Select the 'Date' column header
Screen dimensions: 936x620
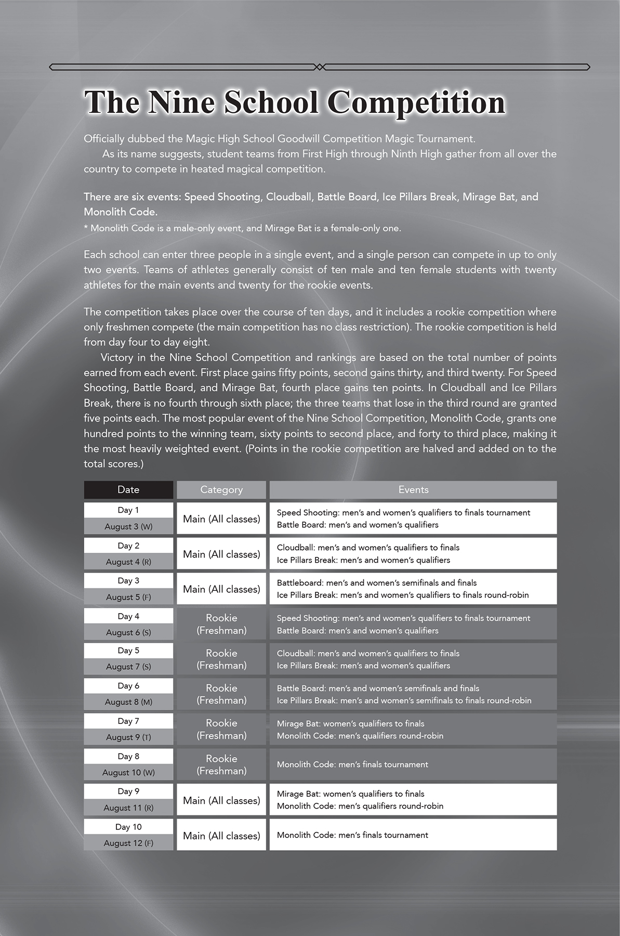click(128, 489)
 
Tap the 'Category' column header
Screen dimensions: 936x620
click(221, 489)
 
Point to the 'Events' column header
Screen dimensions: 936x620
click(413, 489)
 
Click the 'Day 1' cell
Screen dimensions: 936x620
click(128, 510)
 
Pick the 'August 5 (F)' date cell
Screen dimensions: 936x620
click(128, 597)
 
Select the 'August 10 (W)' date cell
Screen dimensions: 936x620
click(128, 772)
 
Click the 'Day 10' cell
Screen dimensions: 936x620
click(128, 827)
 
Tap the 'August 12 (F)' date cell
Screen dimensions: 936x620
click(128, 843)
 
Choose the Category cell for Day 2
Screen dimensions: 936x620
click(221, 554)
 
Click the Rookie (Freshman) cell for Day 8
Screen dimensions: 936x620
click(221, 764)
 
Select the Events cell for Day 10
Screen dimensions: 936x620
click(413, 835)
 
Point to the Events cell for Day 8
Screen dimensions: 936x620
click(413, 764)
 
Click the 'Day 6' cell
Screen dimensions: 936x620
click(128, 686)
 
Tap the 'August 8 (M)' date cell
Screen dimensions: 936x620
click(128, 701)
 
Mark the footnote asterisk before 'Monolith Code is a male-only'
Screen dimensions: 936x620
click(86, 228)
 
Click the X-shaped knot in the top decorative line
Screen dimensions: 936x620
click(320, 67)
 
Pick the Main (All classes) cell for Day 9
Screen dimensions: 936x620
click(221, 800)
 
